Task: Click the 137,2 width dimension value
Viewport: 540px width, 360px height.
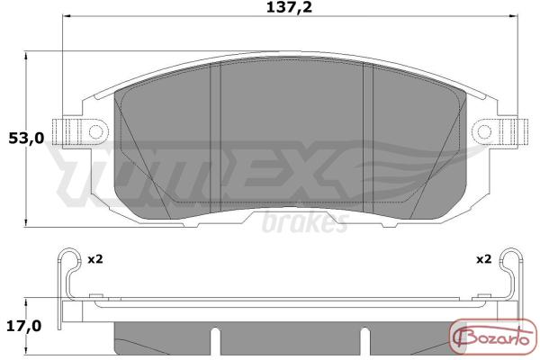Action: (x=289, y=7)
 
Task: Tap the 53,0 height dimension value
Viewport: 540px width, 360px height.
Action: (x=26, y=139)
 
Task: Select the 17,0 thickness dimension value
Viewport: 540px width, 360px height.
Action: (x=24, y=326)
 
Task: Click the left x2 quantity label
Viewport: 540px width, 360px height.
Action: (x=95, y=259)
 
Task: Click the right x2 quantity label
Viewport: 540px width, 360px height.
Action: (x=484, y=259)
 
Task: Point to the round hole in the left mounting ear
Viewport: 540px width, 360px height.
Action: (x=95, y=131)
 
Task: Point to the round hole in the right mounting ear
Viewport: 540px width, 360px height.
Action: (x=484, y=131)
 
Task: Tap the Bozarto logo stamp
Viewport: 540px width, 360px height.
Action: (x=493, y=337)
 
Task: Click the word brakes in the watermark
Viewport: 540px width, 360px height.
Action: (x=305, y=223)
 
